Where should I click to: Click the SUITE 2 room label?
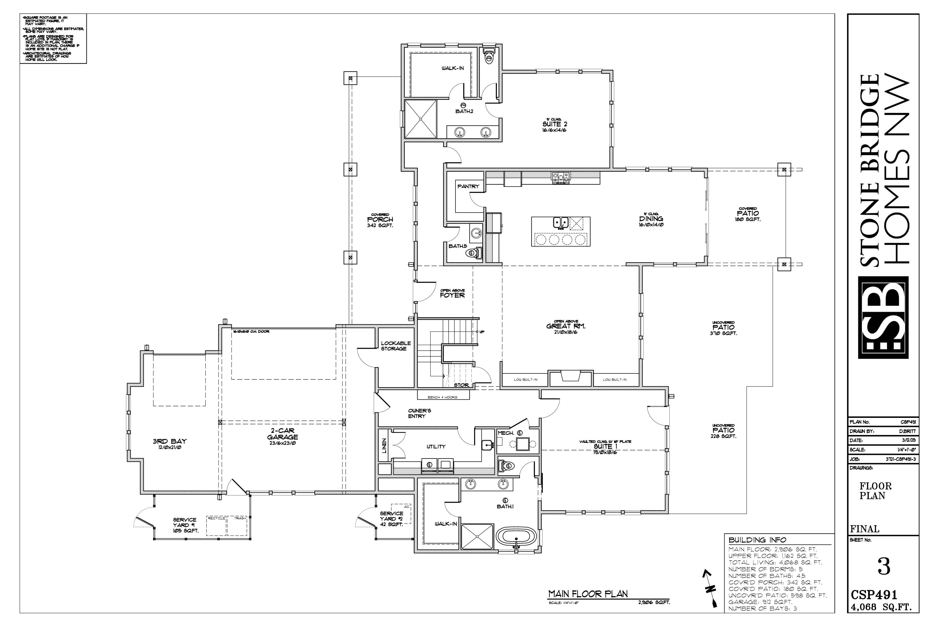pos(555,125)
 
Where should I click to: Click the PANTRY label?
pos(468,187)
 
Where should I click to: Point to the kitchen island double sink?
pos(561,222)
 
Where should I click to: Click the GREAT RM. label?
pos(566,326)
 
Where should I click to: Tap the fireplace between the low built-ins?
pos(571,377)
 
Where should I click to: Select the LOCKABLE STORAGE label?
pos(395,346)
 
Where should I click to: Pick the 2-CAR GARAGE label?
pos(283,434)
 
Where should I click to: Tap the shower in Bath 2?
pos(420,119)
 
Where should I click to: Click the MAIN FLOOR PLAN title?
pos(588,594)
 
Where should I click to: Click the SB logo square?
pos(883,317)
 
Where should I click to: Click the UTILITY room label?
pos(436,447)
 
